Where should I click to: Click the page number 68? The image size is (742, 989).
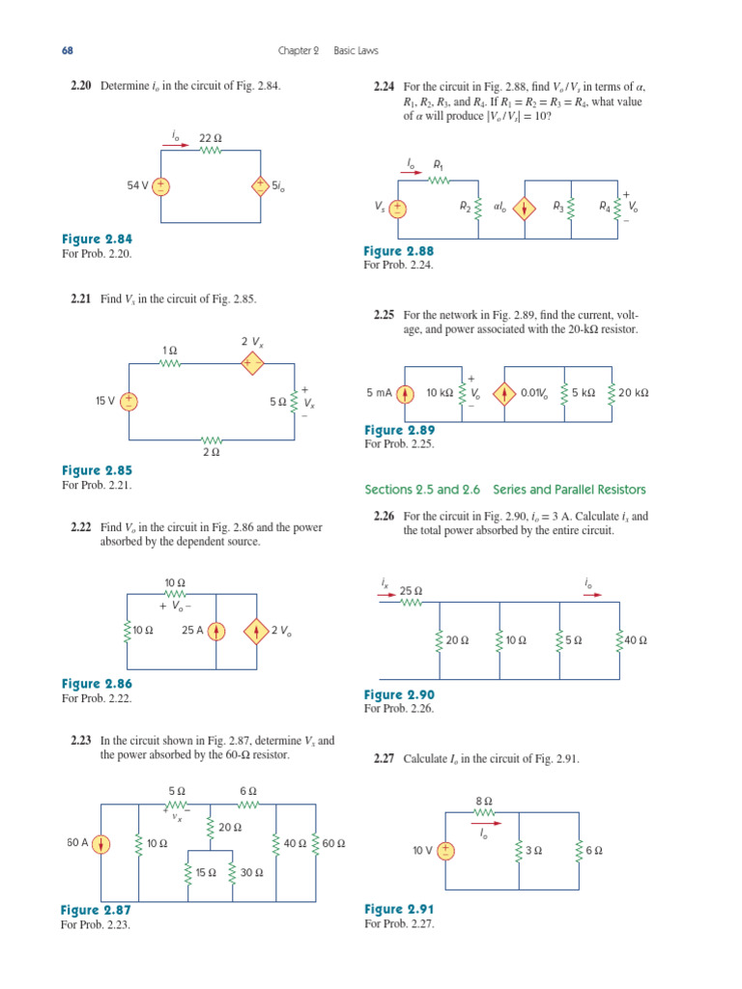[67, 50]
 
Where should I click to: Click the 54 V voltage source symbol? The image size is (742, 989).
[161, 186]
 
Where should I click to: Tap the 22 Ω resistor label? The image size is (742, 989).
[211, 138]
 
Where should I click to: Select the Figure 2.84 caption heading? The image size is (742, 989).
[97, 240]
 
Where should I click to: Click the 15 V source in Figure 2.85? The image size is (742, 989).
[128, 401]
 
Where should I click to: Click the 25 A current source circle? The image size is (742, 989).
[216, 632]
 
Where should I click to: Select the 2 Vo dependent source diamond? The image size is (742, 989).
[256, 632]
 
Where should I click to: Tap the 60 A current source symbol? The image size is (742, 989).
[101, 843]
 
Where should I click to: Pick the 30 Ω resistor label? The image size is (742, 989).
[252, 872]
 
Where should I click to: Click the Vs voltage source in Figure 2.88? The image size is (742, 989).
[397, 208]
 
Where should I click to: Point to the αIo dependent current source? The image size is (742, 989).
[524, 207]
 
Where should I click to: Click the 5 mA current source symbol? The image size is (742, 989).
[406, 394]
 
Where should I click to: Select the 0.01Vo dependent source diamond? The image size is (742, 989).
[504, 394]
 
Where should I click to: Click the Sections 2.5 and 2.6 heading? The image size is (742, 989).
[504, 490]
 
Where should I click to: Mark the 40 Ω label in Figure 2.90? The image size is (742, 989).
[635, 639]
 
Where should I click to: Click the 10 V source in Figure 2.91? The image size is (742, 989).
[445, 851]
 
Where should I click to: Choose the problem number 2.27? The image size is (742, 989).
[385, 759]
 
